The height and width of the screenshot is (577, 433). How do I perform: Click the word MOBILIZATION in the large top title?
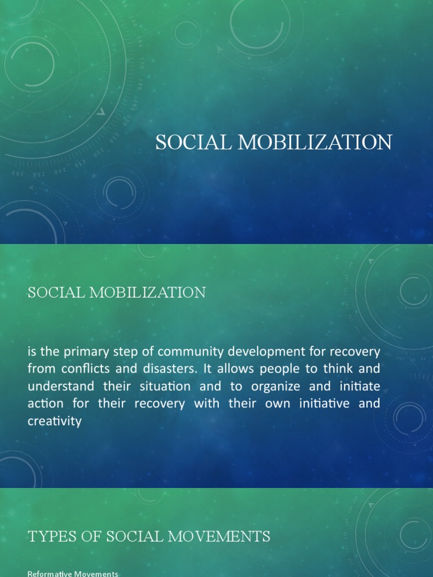click(315, 143)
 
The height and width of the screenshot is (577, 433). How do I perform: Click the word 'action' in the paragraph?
click(43, 404)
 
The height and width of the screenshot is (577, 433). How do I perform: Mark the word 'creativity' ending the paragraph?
click(55, 421)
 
